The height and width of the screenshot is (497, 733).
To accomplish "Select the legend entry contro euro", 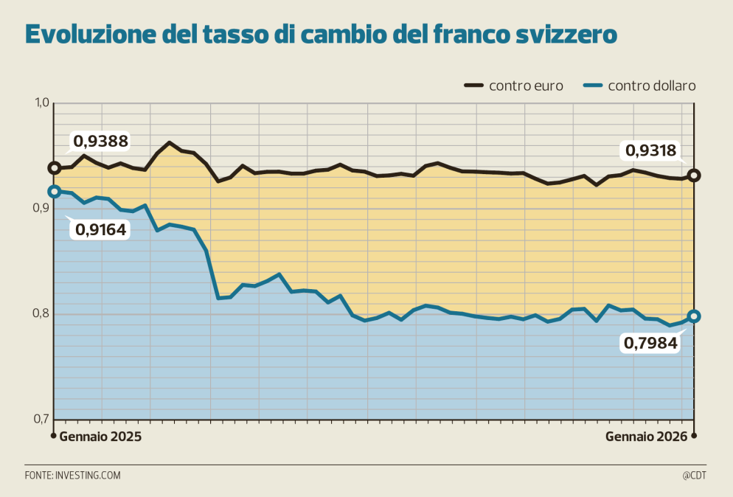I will tap(526, 86).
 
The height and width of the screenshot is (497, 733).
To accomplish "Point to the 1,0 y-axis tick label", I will tap(40, 103).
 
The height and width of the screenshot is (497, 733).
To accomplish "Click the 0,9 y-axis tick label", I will tap(40, 209).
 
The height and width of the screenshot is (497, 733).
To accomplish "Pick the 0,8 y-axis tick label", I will tap(40, 314).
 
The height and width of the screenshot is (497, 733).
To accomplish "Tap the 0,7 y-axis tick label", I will tap(40, 420).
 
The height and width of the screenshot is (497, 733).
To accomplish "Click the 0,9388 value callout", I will tap(100, 141).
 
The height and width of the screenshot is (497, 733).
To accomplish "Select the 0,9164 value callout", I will tap(101, 229).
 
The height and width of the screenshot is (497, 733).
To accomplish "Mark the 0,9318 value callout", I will tap(650, 151).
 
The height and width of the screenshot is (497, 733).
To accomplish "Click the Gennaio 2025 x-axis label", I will tap(100, 436).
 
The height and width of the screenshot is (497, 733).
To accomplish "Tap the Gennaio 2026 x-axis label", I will tap(646, 436).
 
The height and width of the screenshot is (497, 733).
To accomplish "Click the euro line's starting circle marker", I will tap(54, 168).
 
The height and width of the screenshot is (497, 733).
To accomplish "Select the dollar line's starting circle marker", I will tap(54, 192).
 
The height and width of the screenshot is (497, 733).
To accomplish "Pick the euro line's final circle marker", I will tap(694, 175).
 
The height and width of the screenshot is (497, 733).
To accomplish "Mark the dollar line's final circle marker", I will tap(694, 316).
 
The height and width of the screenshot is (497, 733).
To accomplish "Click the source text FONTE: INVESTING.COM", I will tap(72, 476).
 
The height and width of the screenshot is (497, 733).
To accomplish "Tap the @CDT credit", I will tap(694, 476).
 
